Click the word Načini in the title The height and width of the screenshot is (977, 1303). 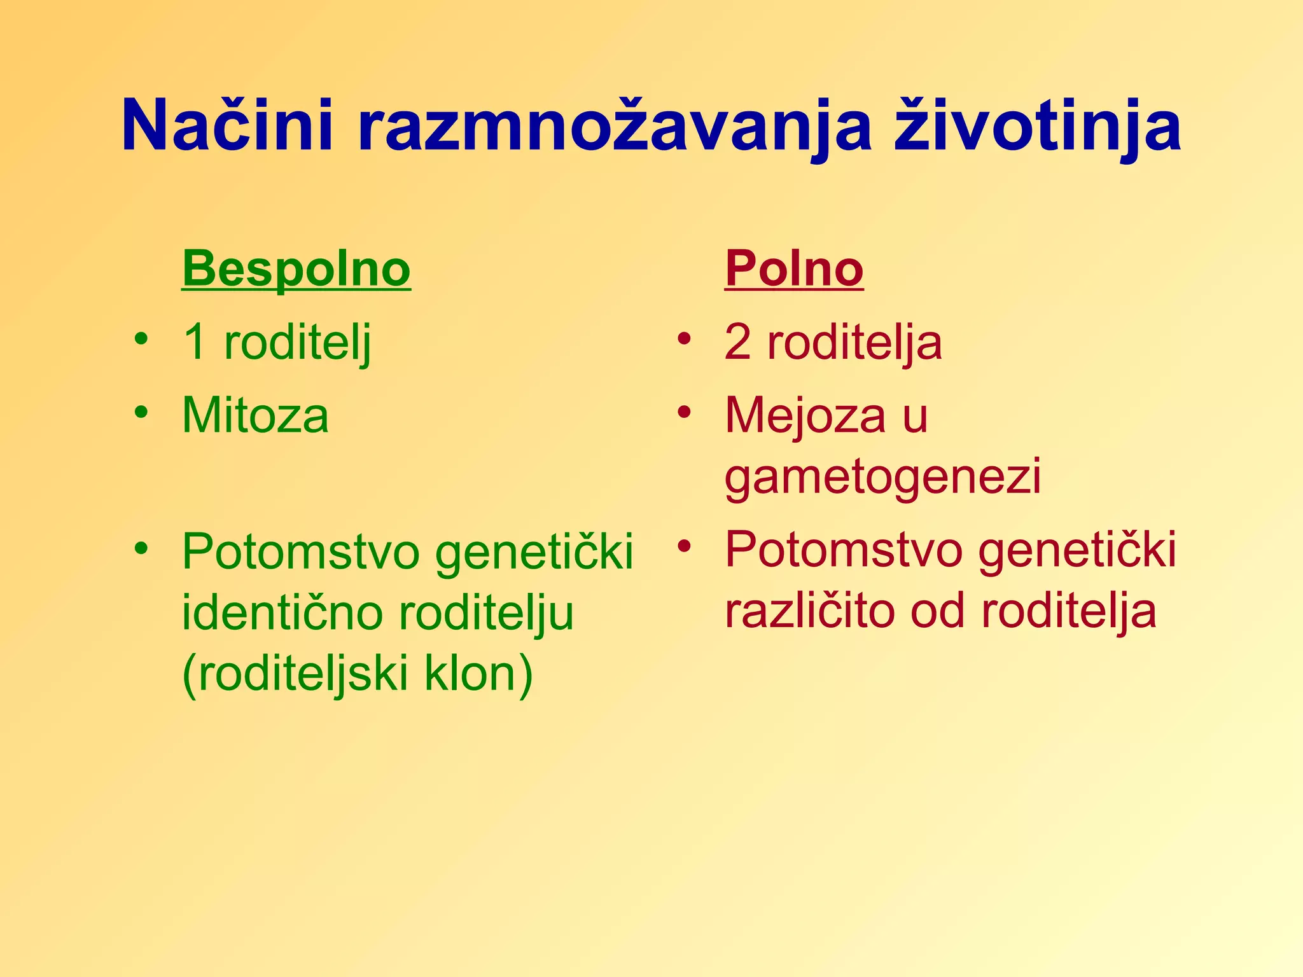click(x=227, y=127)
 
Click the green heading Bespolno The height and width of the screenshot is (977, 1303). click(x=296, y=269)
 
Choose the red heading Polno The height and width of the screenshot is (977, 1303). click(x=793, y=269)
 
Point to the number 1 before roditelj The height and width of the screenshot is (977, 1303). click(x=195, y=342)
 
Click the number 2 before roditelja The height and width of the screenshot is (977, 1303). click(x=737, y=342)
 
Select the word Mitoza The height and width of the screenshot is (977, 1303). click(x=255, y=415)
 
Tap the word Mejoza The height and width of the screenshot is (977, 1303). click(x=805, y=415)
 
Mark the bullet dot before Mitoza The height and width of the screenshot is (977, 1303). click(x=141, y=412)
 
